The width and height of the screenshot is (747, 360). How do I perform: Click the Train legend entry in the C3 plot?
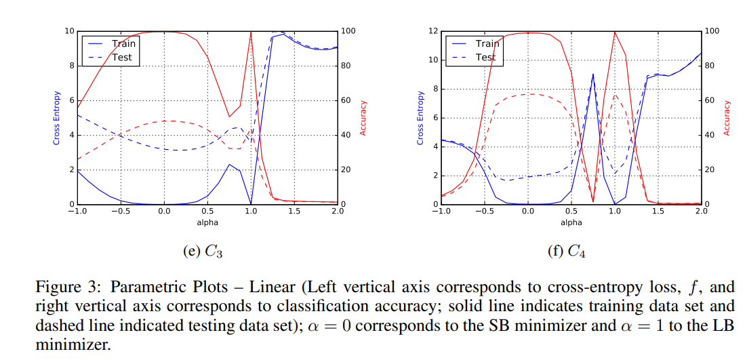(x=123, y=43)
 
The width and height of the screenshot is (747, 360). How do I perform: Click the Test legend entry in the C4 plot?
(x=485, y=57)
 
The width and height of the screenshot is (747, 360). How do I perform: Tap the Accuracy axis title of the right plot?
(x=727, y=117)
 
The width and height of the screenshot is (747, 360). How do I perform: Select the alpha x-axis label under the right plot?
(x=571, y=222)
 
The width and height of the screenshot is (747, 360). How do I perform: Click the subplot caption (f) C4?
(x=566, y=252)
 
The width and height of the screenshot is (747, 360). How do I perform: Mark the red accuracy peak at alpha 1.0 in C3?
(x=251, y=33)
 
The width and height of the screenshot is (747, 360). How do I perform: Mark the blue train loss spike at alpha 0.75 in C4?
(x=593, y=75)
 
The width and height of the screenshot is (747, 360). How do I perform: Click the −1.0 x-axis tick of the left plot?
(x=76, y=212)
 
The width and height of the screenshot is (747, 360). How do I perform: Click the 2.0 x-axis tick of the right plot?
(x=701, y=212)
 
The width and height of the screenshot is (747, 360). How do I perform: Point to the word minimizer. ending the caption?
(x=72, y=345)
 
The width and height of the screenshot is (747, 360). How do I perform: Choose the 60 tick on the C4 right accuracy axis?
(x=712, y=100)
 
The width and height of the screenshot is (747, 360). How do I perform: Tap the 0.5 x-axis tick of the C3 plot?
(x=207, y=212)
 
